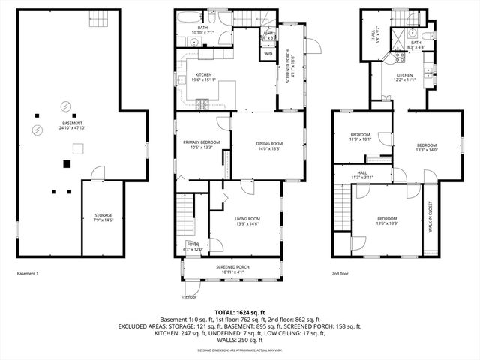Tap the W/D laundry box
click(x=268, y=54)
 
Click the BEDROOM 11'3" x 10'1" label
click(x=360, y=136)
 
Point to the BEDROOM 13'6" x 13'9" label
click(x=381, y=220)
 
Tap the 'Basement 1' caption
click(x=28, y=273)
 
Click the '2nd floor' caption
click(x=340, y=273)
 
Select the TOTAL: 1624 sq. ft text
click(x=240, y=312)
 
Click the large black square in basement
click(x=67, y=163)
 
